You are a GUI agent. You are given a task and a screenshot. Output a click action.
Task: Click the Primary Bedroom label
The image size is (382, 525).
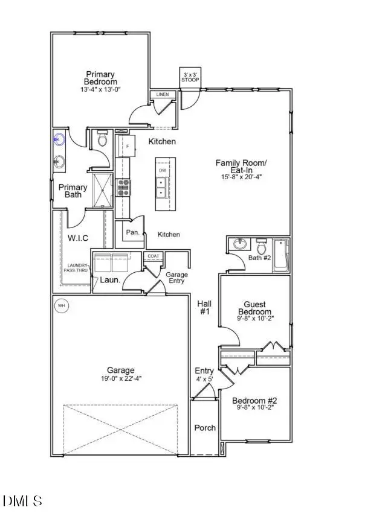coord(100,78)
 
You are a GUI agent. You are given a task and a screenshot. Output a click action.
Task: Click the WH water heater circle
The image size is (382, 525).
coord(61,306)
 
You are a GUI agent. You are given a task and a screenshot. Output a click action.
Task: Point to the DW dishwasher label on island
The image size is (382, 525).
coord(163,171)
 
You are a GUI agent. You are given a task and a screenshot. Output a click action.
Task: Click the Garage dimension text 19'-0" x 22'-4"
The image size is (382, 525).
coord(121,378)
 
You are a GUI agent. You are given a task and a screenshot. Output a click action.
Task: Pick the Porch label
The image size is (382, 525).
coord(205,428)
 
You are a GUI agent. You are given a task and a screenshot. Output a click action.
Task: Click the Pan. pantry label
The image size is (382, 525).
coord(133,232)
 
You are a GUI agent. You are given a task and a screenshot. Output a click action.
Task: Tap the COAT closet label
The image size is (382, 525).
coord(153,256)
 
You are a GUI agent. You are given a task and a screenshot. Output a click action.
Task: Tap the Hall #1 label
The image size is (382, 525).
coord(204,308)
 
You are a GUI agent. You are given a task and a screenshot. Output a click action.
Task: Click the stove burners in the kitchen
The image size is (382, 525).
coord(123,188)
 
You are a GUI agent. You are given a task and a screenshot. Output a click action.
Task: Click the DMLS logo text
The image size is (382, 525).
coord(23,500)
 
